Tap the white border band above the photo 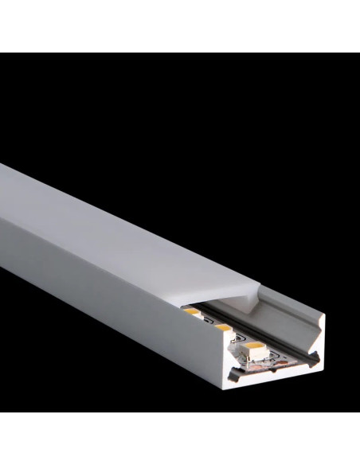pos(180,24)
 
